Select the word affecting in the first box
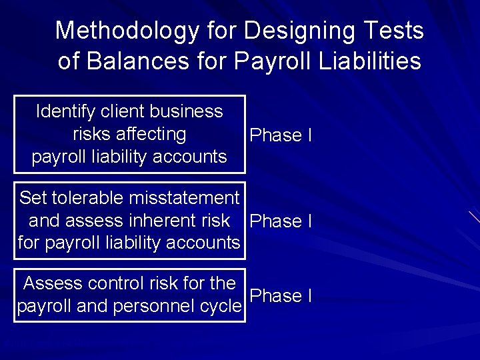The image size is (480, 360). pyautogui.click(x=152, y=134)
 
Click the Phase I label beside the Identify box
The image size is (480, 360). pyautogui.click(x=280, y=135)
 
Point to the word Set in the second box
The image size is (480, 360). pyautogui.click(x=33, y=198)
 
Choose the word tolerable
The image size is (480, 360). pyautogui.click(x=87, y=198)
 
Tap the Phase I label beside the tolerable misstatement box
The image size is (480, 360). pyautogui.click(x=280, y=221)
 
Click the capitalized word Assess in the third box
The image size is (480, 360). pyautogui.click(x=49, y=283)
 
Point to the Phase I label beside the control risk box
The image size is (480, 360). pyautogui.click(x=280, y=295)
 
